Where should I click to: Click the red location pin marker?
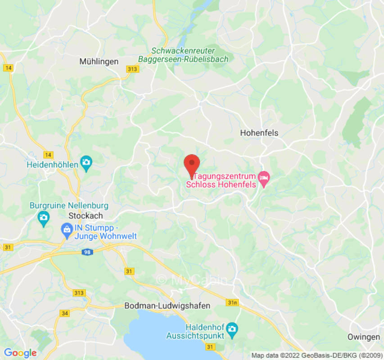192,165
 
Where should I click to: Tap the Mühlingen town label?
99,62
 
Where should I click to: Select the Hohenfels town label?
259,133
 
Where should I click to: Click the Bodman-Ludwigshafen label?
167,306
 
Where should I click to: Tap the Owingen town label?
363,337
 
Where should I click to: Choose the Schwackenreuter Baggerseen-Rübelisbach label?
183,55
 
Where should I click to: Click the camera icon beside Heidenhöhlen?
86,162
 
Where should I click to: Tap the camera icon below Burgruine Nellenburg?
43,218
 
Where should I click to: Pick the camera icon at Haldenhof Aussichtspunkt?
231,327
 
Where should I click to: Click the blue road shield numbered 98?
88,252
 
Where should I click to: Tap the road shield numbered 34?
65,313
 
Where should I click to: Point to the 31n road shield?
232,302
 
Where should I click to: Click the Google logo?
20,353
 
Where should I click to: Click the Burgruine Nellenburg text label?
69,206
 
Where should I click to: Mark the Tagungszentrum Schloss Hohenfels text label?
221,180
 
